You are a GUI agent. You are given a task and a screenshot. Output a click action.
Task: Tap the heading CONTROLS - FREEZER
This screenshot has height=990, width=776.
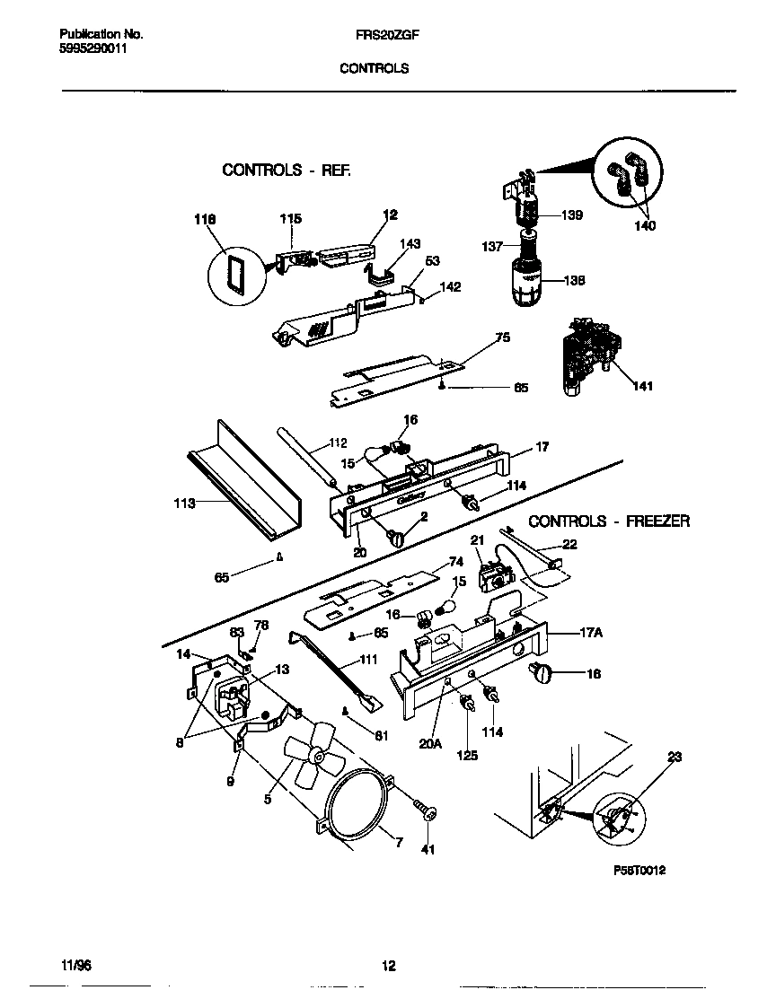coord(608,521)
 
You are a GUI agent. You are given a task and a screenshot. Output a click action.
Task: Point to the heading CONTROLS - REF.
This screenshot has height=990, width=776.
coord(287,170)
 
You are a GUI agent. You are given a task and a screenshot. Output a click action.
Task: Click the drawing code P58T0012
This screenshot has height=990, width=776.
coord(639,871)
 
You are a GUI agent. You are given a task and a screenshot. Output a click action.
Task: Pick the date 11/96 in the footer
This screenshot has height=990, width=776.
coord(75,966)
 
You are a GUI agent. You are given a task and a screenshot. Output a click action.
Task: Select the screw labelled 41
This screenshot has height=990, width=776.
coord(425,812)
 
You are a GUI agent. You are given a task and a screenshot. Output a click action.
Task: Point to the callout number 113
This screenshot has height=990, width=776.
coord(184,504)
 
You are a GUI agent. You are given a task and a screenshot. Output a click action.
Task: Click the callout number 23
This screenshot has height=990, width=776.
coord(673,758)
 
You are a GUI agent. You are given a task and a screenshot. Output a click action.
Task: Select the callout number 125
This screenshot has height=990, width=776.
coord(466,756)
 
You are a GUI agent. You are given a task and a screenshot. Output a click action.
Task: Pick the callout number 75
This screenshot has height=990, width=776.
coord(502,337)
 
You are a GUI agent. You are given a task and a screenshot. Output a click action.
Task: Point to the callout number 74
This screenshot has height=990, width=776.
coord(455,561)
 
